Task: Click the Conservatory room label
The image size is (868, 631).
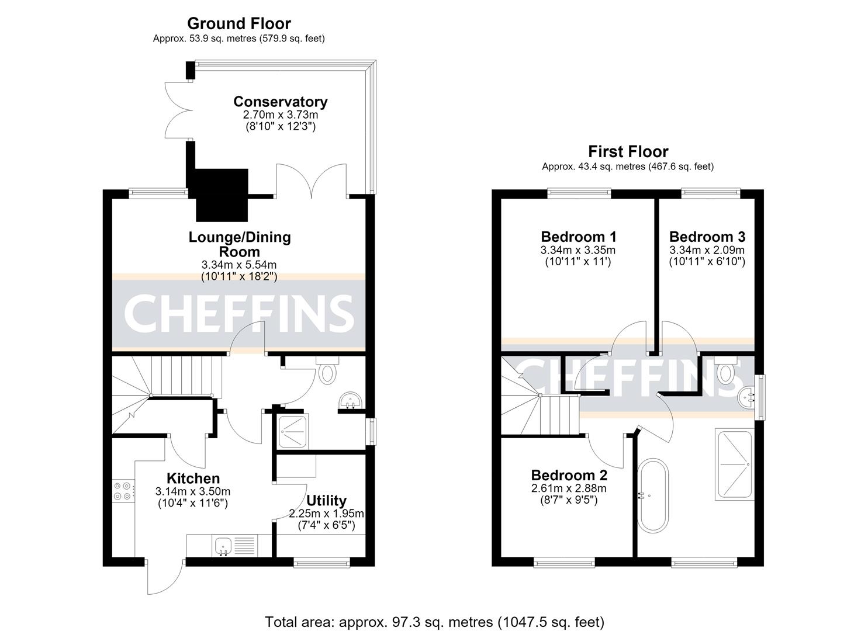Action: [x=280, y=102]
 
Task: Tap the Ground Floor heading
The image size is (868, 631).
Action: [x=239, y=23]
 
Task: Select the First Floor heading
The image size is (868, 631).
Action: [x=628, y=151]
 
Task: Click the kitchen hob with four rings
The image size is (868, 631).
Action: [x=123, y=491]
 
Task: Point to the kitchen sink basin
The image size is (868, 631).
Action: [x=223, y=546]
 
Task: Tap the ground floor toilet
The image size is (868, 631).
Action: [x=327, y=370]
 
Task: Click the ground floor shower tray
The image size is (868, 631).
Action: [x=293, y=432]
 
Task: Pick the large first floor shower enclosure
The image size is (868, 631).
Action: [x=735, y=464]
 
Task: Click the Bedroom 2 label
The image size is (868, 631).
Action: [x=569, y=475]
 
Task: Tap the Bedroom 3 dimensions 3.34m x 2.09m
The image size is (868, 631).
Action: [x=707, y=250]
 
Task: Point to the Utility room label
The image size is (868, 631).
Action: [x=326, y=501]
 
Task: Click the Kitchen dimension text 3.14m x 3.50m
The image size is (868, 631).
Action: [x=192, y=491]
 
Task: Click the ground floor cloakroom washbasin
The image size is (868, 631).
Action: [x=350, y=400]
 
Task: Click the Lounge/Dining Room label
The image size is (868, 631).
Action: [x=240, y=244]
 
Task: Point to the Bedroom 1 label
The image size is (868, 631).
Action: [x=578, y=237]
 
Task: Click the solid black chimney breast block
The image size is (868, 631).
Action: [x=222, y=195]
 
